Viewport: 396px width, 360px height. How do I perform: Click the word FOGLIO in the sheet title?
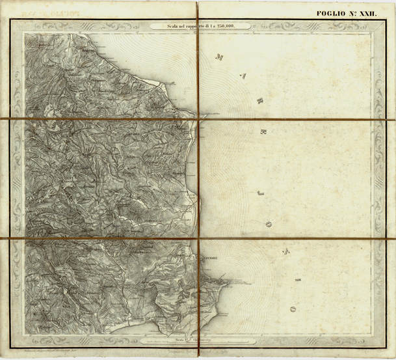(x=332, y=13)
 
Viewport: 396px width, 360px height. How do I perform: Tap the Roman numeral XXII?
(x=375, y=13)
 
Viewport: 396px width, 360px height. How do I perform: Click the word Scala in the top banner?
(x=160, y=26)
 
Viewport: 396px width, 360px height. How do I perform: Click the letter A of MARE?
(x=244, y=77)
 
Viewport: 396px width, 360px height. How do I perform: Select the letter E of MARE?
(x=263, y=132)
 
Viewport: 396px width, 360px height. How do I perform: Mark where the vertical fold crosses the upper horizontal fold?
(x=198, y=118)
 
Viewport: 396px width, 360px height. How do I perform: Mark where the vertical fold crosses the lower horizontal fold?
(x=198, y=239)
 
